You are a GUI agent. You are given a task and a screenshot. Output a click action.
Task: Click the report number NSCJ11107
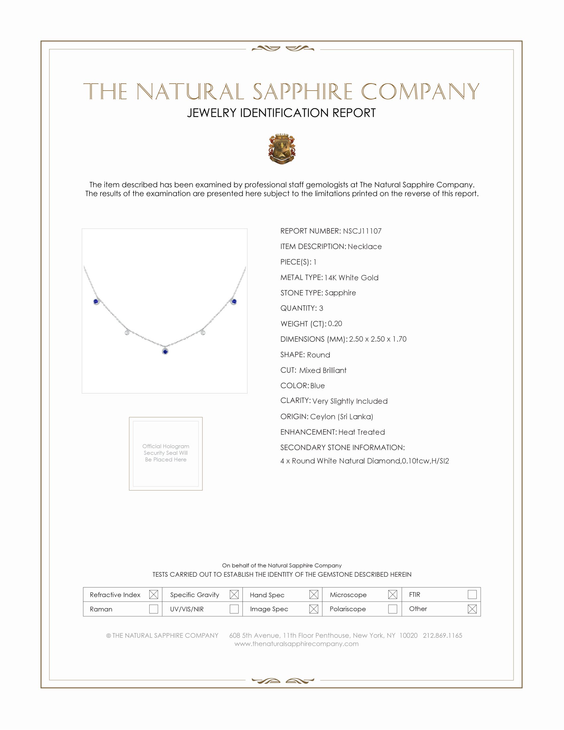(362, 231)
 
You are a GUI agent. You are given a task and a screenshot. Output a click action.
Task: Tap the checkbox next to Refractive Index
(153, 595)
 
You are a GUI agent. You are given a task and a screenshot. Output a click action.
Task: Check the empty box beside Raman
(153, 609)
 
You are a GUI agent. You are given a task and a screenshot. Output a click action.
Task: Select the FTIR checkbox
(472, 594)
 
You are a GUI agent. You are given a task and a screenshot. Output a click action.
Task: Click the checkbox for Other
(472, 609)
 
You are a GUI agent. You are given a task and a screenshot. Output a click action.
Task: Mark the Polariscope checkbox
(392, 609)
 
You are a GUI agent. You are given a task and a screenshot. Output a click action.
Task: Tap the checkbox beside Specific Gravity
(234, 595)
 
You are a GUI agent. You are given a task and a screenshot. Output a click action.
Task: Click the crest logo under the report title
(282, 149)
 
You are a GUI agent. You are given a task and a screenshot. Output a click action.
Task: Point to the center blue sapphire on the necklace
(165, 351)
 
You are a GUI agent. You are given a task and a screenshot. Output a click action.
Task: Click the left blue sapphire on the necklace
(96, 302)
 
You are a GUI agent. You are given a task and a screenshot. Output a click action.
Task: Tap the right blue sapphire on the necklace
(234, 302)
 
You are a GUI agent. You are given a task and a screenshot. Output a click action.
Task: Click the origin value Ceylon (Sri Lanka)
(341, 416)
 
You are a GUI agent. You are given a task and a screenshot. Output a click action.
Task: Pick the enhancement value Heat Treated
(362, 432)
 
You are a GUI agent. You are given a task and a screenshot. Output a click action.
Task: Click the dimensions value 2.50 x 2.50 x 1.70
(378, 339)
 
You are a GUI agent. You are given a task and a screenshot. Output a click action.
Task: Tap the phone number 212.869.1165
(442, 635)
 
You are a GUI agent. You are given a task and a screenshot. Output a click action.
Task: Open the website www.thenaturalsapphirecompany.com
(296, 644)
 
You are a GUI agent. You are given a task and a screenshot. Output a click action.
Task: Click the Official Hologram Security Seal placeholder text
(166, 453)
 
